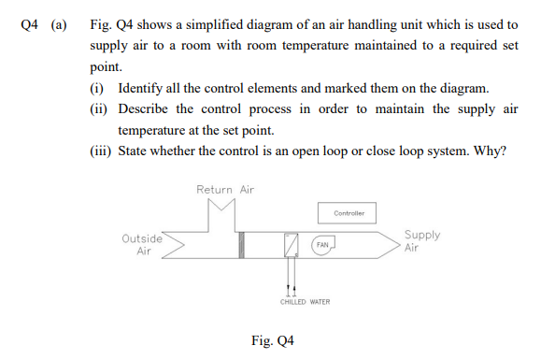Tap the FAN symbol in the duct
[x=322, y=245]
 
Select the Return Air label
[x=225, y=190]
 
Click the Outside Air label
[x=143, y=245]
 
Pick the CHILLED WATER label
[x=305, y=302]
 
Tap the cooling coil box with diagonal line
[x=292, y=245]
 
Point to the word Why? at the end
[x=491, y=152]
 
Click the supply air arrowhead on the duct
[x=392, y=245]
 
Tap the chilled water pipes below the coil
[x=292, y=278]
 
